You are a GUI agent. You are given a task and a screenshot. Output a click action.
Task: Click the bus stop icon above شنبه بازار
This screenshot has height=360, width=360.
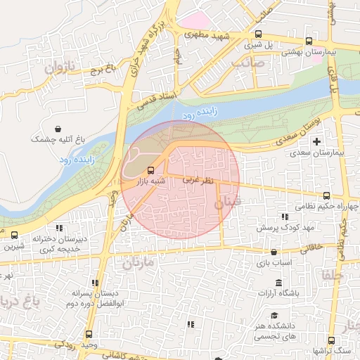click(150, 170)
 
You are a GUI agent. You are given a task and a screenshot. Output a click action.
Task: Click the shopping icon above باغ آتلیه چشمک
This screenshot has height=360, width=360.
click(67, 129)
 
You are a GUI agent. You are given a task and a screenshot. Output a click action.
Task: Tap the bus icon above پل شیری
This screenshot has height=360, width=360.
click(259, 34)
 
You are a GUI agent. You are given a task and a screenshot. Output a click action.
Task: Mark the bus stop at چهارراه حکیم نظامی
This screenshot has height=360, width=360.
click(326, 195)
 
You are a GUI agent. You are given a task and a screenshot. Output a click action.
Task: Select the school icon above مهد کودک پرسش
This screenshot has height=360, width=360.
click(283, 217)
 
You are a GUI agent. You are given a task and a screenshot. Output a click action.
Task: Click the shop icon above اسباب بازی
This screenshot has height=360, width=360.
click(274, 252)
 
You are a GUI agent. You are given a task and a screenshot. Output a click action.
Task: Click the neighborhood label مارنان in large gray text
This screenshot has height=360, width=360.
click(138, 264)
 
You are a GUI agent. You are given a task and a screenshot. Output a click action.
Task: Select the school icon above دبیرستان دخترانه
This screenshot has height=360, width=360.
click(60, 228)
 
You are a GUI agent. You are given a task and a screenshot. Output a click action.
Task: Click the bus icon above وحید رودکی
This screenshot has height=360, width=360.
click(89, 335)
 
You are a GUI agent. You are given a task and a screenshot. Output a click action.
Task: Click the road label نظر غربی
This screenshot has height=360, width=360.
click(198, 181)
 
